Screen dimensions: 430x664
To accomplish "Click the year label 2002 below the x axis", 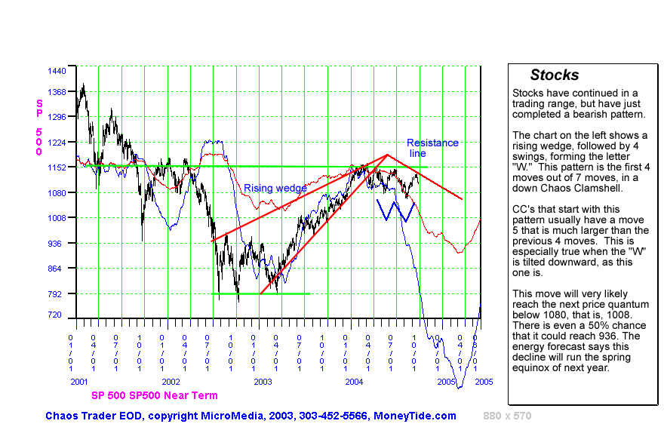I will tap(171, 382).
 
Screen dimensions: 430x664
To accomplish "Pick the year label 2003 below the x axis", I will tap(263, 382).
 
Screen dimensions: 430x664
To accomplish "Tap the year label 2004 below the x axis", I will tap(355, 382).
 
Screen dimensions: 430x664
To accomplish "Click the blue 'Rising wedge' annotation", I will tap(275, 188).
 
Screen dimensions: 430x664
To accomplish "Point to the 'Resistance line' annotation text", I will tap(432, 148).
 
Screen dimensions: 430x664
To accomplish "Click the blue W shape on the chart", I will tap(396, 210).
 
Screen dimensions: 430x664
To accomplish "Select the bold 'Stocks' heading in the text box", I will tap(555, 75).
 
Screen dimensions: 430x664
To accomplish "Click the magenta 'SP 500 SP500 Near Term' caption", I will tap(154, 395).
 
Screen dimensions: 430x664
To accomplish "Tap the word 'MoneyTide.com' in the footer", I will tap(420, 416).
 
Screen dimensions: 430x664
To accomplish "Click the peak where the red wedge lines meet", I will tap(387, 155).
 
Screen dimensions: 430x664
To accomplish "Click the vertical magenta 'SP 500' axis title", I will tap(38, 127).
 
